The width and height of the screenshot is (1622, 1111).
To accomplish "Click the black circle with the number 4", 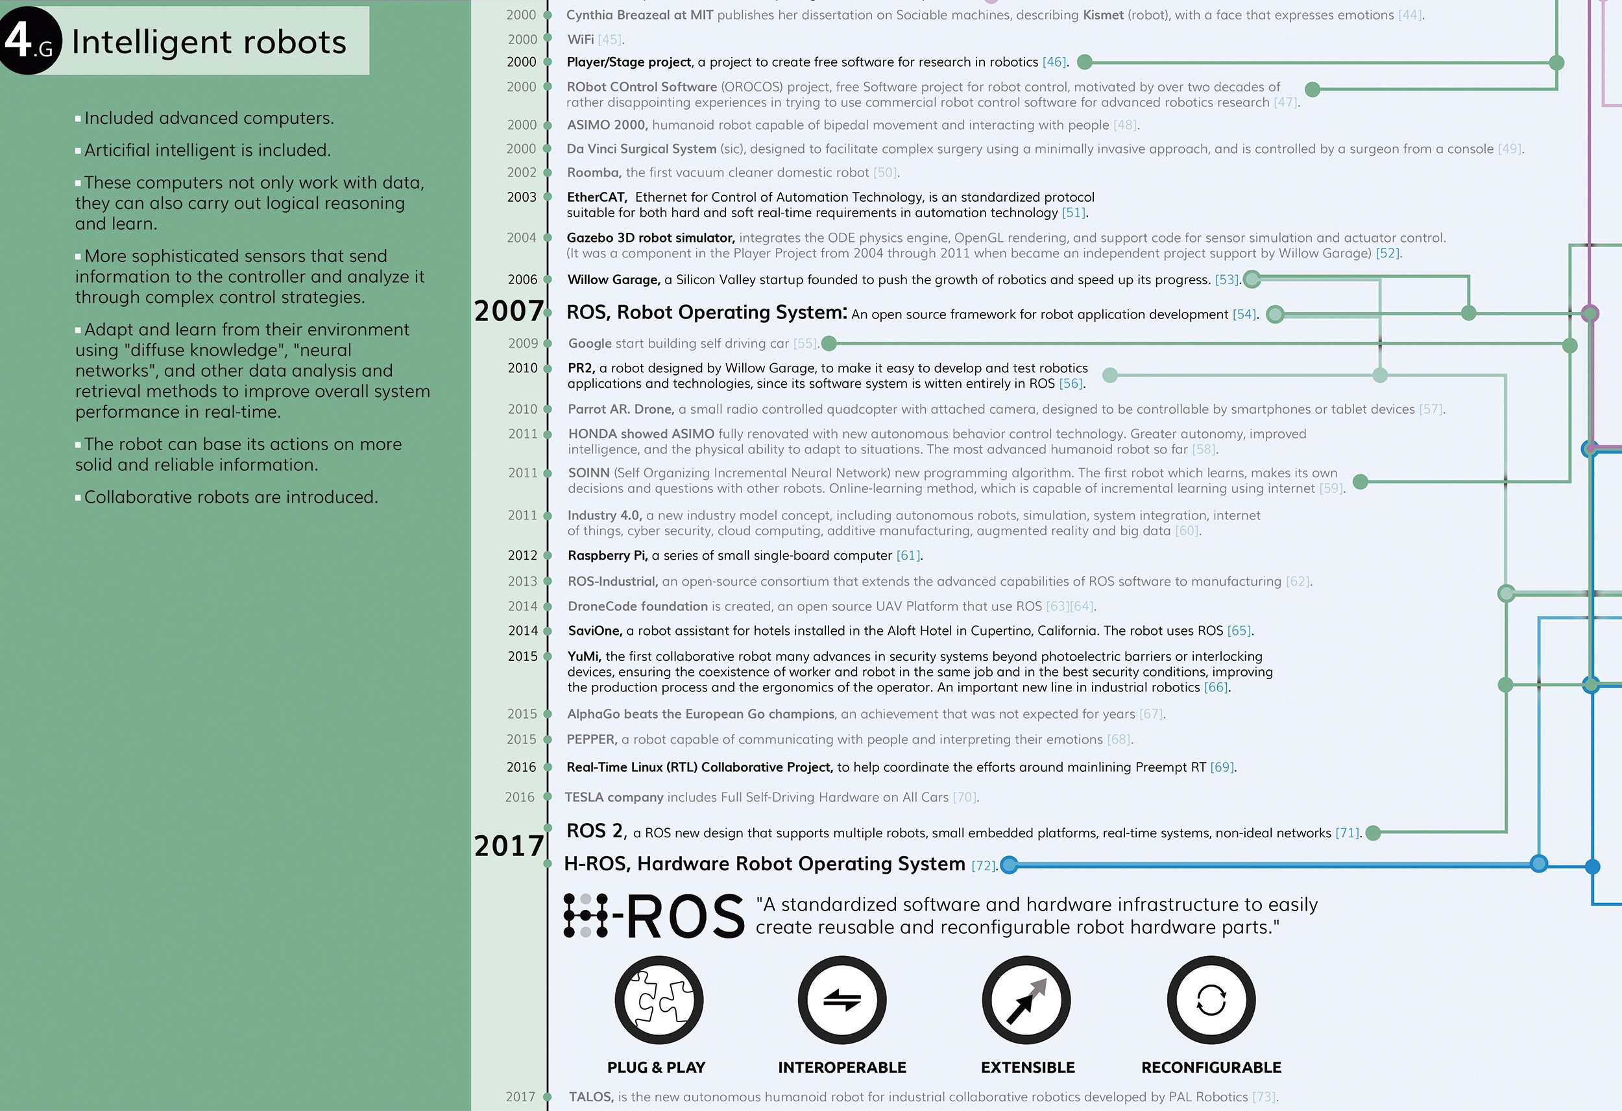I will tap(29, 40).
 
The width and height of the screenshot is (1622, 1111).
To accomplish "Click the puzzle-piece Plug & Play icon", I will tap(658, 999).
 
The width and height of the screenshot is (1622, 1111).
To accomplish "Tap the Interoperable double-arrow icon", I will tap(841, 999).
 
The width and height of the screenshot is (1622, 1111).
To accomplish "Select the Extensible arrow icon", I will tap(1026, 999).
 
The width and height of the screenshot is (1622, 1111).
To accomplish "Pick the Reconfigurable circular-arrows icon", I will tap(1211, 999).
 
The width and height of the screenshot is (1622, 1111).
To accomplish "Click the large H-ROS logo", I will tap(654, 915).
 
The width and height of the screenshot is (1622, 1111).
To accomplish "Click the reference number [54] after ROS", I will tap(1244, 315).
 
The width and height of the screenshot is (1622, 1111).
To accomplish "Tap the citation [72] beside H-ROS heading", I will tap(984, 865).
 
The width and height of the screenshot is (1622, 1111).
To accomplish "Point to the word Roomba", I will tap(593, 173).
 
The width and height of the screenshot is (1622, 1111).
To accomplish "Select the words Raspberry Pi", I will tap(607, 555).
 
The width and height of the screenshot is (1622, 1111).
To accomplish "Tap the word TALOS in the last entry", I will tap(590, 1096).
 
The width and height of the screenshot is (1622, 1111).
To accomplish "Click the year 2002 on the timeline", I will tap(522, 173).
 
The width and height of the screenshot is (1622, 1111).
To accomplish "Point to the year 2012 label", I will tap(522, 555).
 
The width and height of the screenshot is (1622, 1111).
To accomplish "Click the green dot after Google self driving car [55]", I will tap(829, 343).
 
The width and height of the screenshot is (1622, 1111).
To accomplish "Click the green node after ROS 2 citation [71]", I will tap(1373, 833).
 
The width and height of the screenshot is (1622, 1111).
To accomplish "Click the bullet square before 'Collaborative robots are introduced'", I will tap(78, 497).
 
